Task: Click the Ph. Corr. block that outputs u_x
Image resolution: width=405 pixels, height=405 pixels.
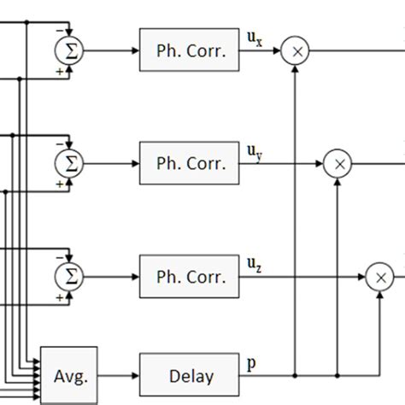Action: [191, 50]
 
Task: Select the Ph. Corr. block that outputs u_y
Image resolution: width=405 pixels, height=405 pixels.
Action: [191, 163]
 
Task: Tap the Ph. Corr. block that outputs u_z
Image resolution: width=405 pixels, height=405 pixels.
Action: [191, 276]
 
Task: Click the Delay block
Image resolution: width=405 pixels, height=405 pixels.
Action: [191, 375]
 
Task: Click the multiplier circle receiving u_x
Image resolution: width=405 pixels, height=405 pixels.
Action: [296, 51]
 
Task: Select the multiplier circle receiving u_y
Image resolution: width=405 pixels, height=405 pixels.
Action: [337, 163]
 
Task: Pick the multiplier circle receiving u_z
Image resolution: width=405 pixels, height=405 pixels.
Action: [379, 276]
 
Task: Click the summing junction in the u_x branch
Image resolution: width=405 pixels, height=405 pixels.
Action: [71, 51]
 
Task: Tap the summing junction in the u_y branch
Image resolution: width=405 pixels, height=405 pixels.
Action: [71, 163]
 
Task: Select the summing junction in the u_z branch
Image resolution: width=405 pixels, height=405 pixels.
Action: [71, 276]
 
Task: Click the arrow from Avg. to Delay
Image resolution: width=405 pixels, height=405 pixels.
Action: [119, 375]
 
